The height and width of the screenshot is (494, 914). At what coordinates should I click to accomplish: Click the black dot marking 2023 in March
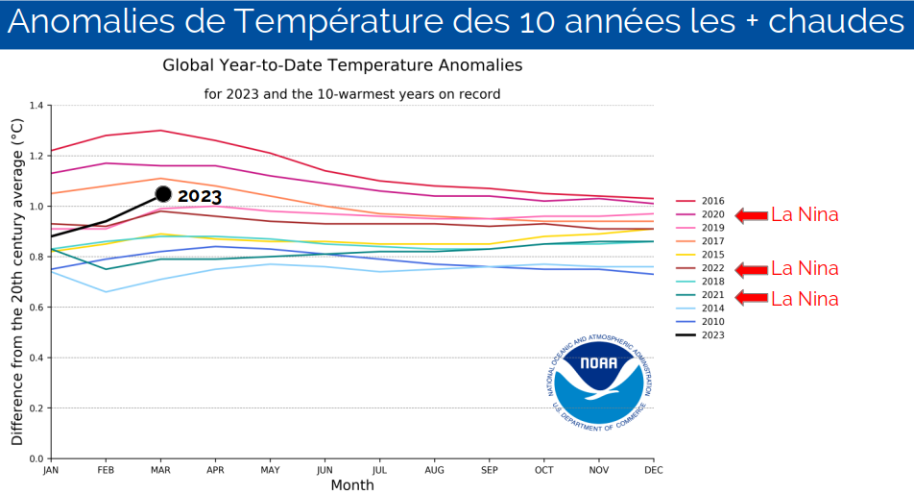click(163, 195)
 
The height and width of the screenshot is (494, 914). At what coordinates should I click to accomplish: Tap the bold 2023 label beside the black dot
click(200, 196)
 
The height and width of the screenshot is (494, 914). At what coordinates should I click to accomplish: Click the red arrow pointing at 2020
click(751, 215)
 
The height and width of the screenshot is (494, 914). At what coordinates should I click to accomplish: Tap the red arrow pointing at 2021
click(751, 298)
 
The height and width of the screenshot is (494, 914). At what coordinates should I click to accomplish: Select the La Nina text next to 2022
click(805, 268)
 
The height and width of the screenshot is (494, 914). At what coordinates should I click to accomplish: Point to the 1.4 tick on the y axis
click(36, 105)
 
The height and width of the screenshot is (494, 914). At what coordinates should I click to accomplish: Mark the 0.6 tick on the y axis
click(36, 308)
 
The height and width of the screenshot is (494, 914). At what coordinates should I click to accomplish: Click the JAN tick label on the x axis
click(51, 470)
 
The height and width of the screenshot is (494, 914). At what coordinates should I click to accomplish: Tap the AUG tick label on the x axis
click(436, 470)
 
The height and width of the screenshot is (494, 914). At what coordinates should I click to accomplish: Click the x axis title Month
click(352, 485)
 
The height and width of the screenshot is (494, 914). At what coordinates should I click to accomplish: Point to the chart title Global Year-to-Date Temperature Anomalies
click(343, 65)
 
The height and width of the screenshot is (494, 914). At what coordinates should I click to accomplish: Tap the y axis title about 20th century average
click(16, 282)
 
